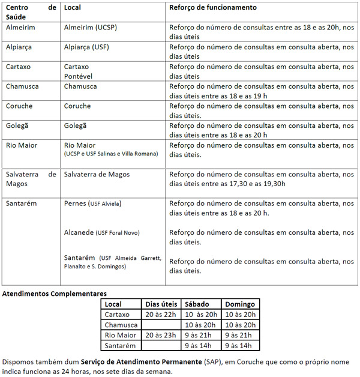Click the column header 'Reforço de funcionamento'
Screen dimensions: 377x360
click(x=213, y=8)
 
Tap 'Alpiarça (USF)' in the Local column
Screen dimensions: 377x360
click(x=86, y=47)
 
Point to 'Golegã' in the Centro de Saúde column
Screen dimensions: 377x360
click(x=19, y=125)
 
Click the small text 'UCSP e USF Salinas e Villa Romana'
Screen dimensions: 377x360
click(x=111, y=154)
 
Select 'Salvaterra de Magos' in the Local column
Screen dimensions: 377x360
click(x=97, y=175)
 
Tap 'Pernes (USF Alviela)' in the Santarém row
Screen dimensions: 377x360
click(x=92, y=204)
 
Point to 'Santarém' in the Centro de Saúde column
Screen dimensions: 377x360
click(x=21, y=204)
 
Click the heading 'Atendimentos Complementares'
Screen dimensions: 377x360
click(x=55, y=294)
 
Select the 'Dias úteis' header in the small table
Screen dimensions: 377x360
click(x=161, y=304)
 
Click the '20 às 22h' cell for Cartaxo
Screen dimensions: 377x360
click(x=160, y=315)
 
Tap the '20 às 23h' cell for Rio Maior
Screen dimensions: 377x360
click(x=160, y=335)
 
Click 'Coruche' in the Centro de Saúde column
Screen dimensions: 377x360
click(x=19, y=106)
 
